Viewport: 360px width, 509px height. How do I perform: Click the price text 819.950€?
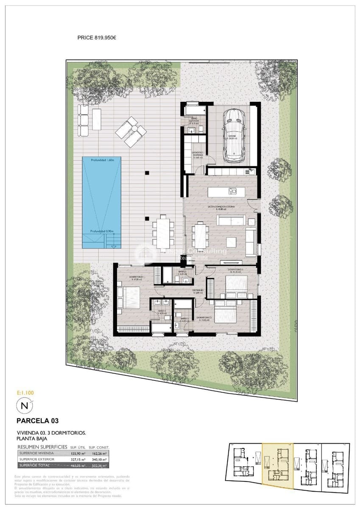coord(104,37)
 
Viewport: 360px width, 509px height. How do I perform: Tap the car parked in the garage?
coord(234,135)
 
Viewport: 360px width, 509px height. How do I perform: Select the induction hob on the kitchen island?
coord(232,191)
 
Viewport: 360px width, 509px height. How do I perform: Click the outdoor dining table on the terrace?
coord(162,233)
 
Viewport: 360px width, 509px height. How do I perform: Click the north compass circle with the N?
coord(24,406)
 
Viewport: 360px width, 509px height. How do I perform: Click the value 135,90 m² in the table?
coord(77,453)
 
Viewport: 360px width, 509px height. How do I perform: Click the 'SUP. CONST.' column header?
coord(99,447)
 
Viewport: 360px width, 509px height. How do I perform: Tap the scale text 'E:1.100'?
coord(25,393)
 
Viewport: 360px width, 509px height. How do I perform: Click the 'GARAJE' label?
coord(233,136)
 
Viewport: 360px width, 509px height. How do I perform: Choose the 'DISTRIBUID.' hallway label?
coord(199,291)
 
